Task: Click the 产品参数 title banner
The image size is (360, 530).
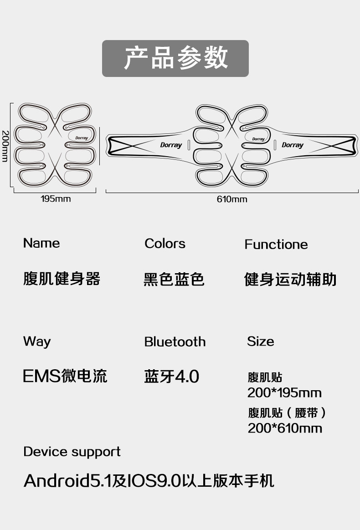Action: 175,58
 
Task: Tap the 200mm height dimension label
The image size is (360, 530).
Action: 5,146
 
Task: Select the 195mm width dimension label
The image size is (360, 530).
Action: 56,199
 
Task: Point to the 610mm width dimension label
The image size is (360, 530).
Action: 232,199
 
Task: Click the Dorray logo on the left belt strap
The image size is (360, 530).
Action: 171,145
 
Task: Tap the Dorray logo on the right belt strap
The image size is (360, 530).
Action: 293,145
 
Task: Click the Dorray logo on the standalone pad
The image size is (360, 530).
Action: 82,138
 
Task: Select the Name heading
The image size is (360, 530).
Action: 41,243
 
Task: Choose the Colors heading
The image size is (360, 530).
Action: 165,243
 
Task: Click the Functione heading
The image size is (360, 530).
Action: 276,245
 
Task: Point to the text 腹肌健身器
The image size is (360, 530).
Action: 62,279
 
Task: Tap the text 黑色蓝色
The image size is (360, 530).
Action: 174,280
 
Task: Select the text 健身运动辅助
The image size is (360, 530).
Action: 290,280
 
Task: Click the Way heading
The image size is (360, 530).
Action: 37,342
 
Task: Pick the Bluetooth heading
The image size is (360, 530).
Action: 175,342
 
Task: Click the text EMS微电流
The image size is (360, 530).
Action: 65,376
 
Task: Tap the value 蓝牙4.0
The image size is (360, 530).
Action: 171,376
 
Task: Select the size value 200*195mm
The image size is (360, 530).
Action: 284,393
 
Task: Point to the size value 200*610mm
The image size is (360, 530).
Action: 284,428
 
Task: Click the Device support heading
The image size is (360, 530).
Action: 72,452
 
